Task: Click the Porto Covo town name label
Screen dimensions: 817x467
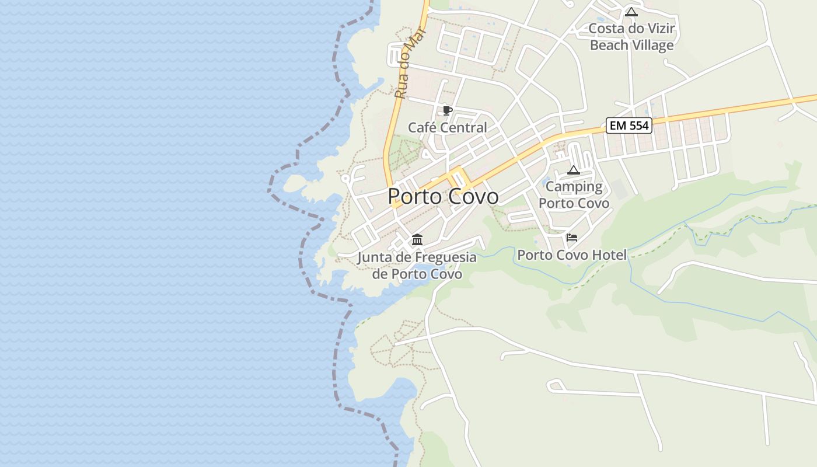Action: click(443, 197)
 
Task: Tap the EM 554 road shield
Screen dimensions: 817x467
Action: click(629, 125)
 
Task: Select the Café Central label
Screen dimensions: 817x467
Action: click(447, 128)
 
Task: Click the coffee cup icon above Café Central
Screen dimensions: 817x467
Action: click(447, 110)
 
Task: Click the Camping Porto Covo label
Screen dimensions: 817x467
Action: click(574, 194)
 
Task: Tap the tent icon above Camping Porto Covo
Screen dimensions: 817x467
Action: click(574, 170)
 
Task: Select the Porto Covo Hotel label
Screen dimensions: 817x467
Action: click(572, 255)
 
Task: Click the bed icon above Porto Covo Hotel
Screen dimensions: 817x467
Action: click(572, 238)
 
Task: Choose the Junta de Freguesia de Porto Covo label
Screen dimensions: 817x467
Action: click(417, 265)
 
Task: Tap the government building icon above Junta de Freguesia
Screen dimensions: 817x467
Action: click(417, 239)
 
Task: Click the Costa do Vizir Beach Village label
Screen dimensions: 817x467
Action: click(631, 37)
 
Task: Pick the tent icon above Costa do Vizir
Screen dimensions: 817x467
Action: click(631, 12)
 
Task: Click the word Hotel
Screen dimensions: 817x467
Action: click(609, 255)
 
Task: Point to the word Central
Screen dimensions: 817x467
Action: click(465, 128)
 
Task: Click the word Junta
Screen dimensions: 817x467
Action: click(375, 257)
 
